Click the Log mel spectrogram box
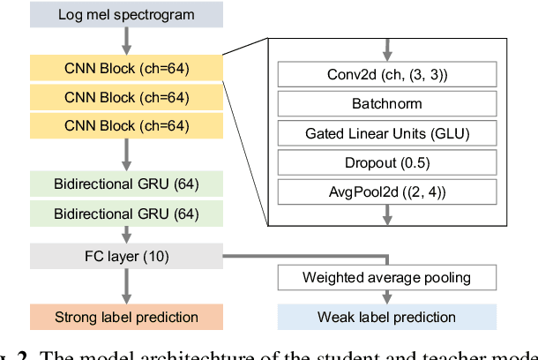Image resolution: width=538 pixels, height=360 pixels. point(127,15)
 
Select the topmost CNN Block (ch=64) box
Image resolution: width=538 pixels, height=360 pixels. point(127,67)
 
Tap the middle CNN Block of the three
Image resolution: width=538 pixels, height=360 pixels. point(127,96)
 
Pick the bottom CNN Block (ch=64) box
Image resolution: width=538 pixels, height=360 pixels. point(127,125)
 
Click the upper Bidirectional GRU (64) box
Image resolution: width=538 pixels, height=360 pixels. point(127,184)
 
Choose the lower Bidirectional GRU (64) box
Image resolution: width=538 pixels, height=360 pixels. point(127,213)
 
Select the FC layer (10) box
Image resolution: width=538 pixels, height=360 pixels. point(127,257)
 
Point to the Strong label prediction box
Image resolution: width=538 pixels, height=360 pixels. point(127,317)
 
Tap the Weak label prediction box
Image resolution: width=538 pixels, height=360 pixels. point(386,317)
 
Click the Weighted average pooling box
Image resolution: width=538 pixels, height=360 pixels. point(386,278)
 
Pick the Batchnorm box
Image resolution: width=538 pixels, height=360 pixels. point(386,104)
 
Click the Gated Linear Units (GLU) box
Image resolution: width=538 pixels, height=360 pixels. point(386,133)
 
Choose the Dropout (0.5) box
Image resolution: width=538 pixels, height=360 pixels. point(386,162)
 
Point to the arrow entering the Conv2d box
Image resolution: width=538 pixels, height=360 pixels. point(386,50)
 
